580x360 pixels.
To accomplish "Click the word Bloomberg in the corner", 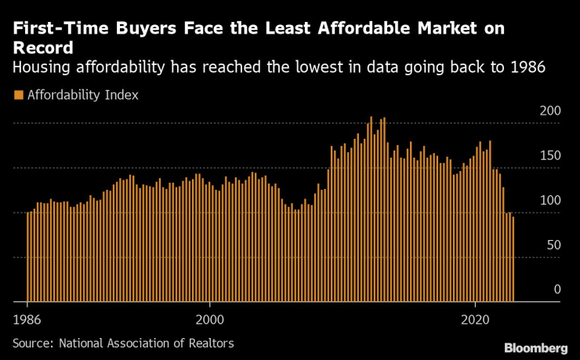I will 536,347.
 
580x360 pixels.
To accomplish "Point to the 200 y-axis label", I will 551,111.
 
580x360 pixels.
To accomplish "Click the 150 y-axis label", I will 551,156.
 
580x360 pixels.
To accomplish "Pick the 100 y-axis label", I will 551,201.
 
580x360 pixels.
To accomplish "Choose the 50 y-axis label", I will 554,245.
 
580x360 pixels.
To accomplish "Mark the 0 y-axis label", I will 557,289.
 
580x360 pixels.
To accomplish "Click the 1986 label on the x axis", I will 27,320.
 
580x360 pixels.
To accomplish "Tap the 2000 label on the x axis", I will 210,320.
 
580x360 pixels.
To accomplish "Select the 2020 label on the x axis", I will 475,320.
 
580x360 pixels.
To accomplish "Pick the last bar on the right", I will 513,259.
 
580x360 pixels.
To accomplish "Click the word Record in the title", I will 42,47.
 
